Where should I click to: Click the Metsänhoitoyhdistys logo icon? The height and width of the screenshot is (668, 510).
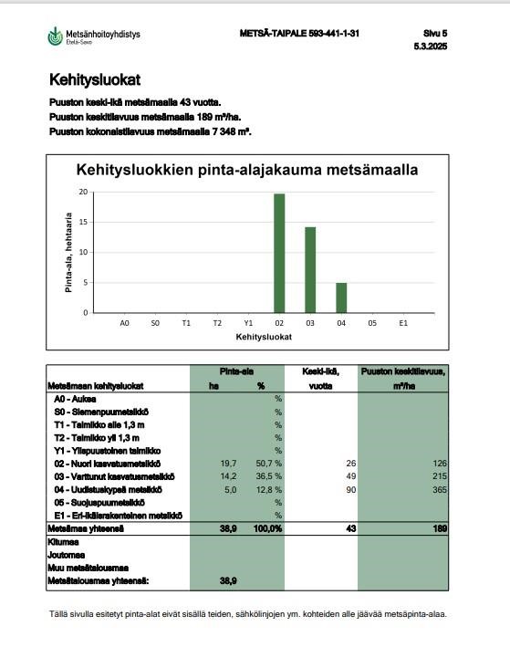[56, 37]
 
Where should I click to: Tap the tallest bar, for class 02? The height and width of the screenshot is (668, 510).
[279, 253]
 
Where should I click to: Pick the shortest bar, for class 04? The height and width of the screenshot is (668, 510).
[341, 297]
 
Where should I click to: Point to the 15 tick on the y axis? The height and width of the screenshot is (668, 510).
[83, 222]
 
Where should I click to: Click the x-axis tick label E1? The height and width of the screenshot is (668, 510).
[402, 323]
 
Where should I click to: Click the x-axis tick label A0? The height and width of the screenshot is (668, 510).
[125, 323]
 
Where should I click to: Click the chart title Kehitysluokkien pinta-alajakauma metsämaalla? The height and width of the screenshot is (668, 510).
[247, 170]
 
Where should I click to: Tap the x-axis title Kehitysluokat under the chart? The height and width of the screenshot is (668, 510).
[263, 337]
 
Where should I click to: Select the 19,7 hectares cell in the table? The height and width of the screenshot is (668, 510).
[203, 464]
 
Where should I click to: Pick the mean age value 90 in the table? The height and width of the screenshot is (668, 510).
[350, 489]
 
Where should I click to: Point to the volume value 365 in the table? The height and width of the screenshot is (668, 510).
[439, 489]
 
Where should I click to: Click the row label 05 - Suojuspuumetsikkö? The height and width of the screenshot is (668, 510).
[99, 502]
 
